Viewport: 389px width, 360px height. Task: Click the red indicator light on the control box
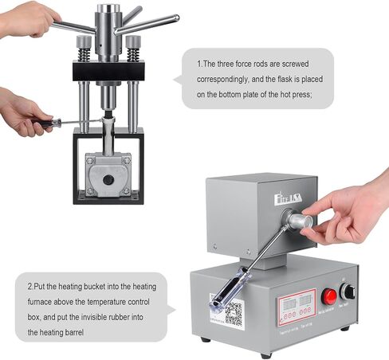[x=328, y=296]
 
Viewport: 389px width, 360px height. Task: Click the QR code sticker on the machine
[x=233, y=312]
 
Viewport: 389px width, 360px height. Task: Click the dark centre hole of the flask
[x=108, y=179]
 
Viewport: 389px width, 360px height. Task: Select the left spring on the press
[x=84, y=53]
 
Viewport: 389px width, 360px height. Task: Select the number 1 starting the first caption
[x=198, y=62]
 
